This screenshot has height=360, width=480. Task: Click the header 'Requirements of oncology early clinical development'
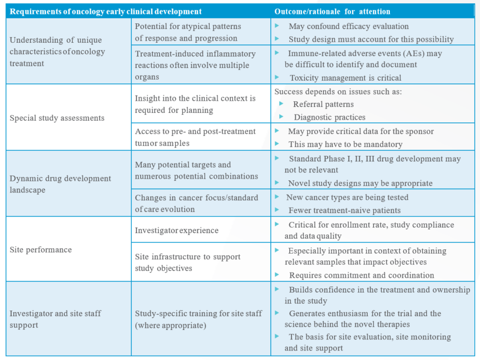pyautogui.click(x=106, y=12)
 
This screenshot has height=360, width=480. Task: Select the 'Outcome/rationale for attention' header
pyautogui.click(x=332, y=12)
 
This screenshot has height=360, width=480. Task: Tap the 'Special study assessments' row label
pyautogui.click(x=57, y=118)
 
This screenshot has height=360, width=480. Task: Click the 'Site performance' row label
pyautogui.click(x=41, y=250)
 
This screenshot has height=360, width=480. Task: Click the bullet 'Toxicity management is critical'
pyautogui.click(x=345, y=78)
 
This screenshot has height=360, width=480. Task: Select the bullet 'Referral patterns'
pyautogui.click(x=323, y=105)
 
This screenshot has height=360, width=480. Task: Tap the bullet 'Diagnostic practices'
pyautogui.click(x=330, y=117)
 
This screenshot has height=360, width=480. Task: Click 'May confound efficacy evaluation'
pyautogui.click(x=349, y=26)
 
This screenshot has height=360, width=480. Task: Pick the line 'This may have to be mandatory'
pyautogui.click(x=345, y=144)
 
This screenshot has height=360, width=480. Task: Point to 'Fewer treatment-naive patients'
pyautogui.click(x=344, y=210)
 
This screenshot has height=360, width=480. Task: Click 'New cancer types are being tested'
pyautogui.click(x=347, y=198)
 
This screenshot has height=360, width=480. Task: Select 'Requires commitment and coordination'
pyautogui.click(x=362, y=275)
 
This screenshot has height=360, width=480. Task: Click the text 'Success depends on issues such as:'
pyautogui.click(x=338, y=92)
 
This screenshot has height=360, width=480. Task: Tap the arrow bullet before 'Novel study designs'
pyautogui.click(x=277, y=183)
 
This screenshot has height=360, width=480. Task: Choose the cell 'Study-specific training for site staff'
pyautogui.click(x=199, y=319)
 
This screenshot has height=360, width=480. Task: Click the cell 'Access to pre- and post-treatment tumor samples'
pyautogui.click(x=195, y=137)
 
